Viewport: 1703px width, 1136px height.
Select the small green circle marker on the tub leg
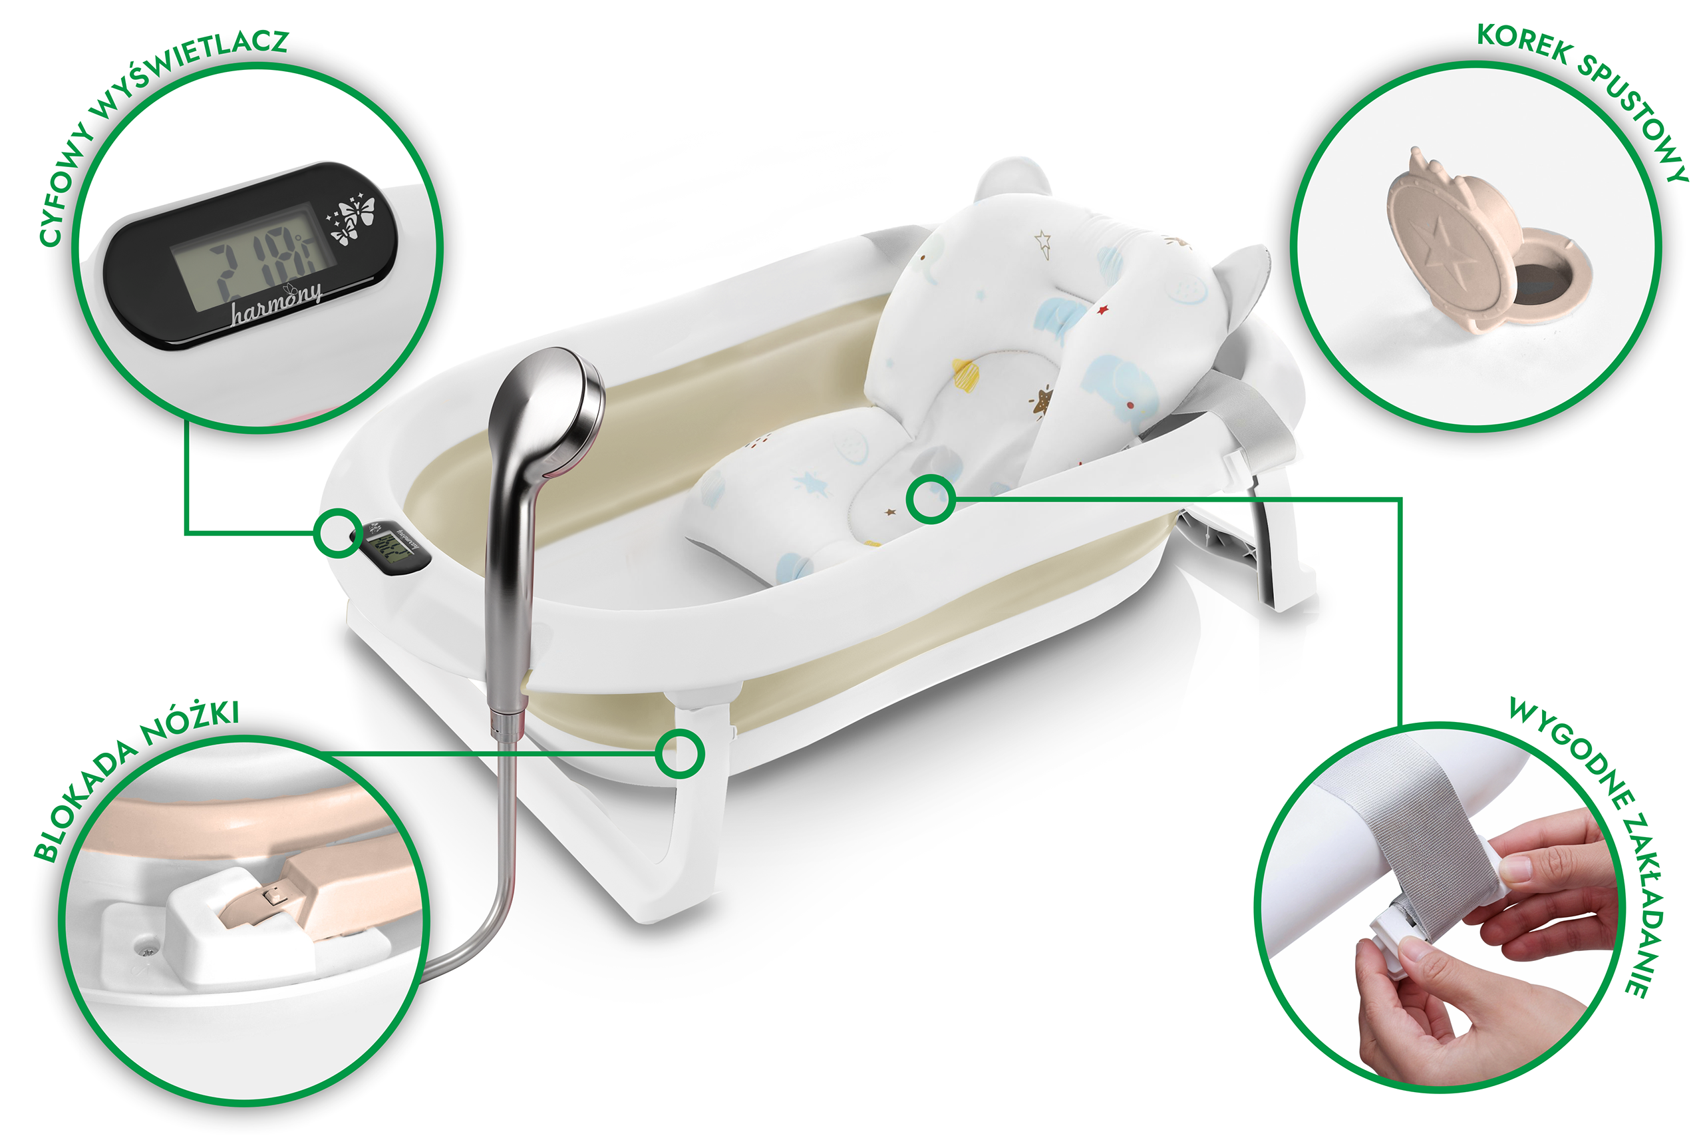click(x=679, y=754)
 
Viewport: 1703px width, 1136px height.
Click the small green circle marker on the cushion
click(x=931, y=498)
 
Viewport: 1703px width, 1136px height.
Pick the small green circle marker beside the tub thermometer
click(x=338, y=533)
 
